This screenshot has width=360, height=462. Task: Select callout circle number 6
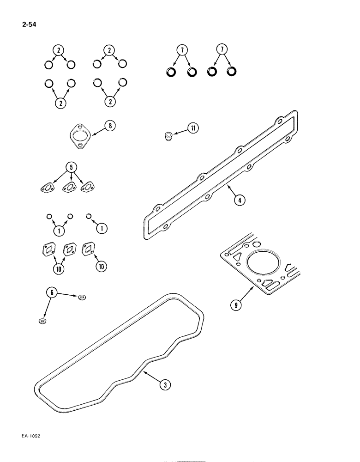pos(52,292)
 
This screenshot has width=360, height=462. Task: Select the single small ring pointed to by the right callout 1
pos(90,216)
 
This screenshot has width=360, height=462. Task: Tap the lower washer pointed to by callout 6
pos(42,321)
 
